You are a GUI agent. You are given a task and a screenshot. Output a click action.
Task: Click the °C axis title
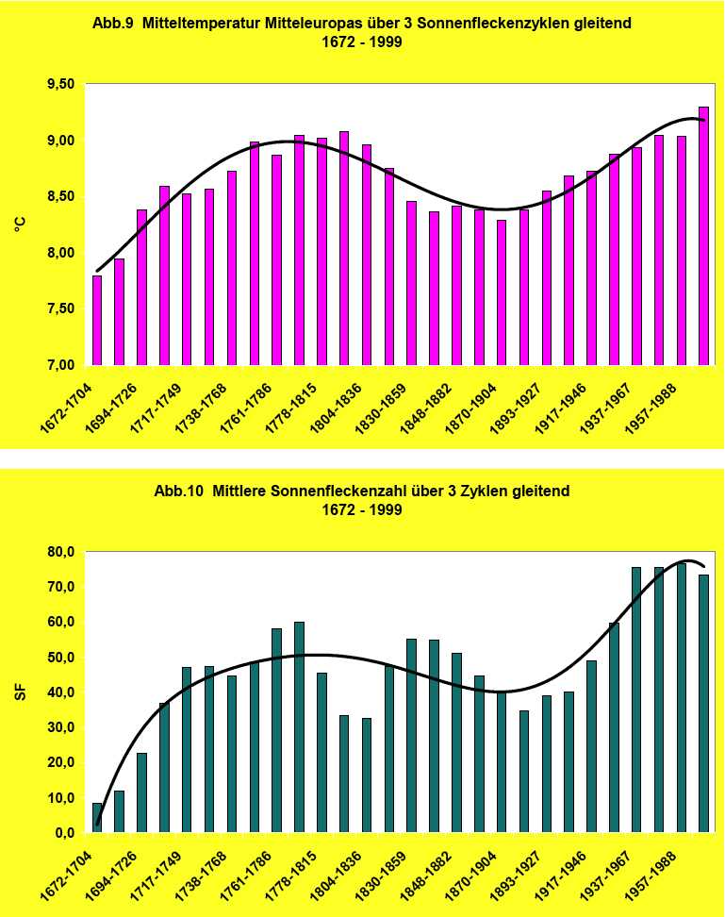click(x=20, y=225)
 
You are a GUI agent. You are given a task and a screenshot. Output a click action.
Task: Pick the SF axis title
click(x=20, y=692)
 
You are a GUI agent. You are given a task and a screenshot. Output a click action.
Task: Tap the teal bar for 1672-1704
click(x=97, y=818)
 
